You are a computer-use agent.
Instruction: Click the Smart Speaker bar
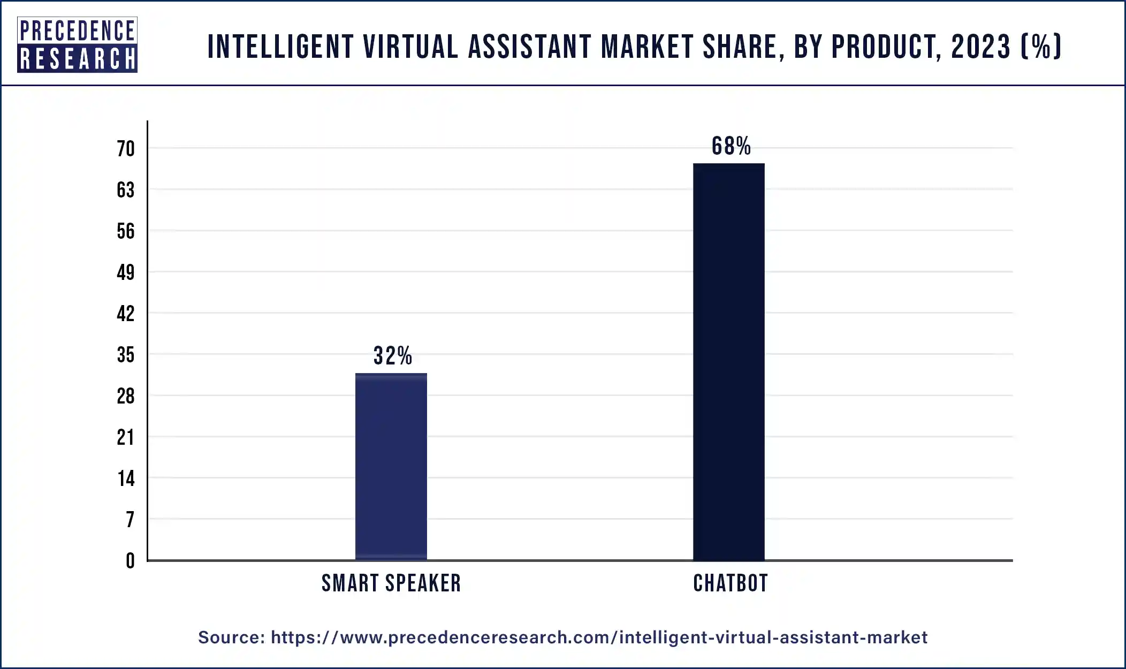point(391,467)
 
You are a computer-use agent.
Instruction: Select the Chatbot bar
point(728,362)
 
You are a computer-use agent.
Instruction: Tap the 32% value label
point(393,356)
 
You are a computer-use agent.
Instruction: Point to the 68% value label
point(731,146)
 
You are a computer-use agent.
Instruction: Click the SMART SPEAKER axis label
point(391,583)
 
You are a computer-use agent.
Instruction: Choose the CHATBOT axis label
point(731,583)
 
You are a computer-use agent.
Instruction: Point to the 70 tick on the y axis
point(126,149)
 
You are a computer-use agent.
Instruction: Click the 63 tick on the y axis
point(126,190)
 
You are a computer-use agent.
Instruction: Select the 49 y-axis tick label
point(126,272)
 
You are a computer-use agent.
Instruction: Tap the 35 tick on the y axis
point(126,355)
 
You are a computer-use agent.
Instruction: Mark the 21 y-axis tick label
point(126,437)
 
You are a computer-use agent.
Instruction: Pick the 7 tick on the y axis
point(130,520)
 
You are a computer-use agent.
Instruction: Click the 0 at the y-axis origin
point(130,561)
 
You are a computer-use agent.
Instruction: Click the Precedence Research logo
point(77,45)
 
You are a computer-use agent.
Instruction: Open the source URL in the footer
point(599,637)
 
